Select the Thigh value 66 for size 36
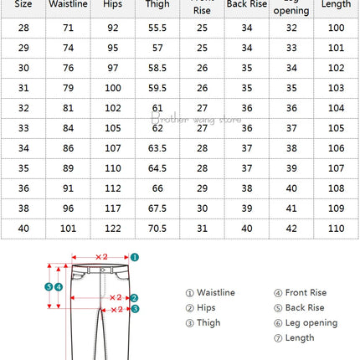point(156,188)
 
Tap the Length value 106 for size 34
point(336,147)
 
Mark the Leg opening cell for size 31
point(291,89)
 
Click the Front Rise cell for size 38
point(202,207)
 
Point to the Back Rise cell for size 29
point(246,49)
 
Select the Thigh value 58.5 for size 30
point(156,69)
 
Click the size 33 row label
point(23,128)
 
